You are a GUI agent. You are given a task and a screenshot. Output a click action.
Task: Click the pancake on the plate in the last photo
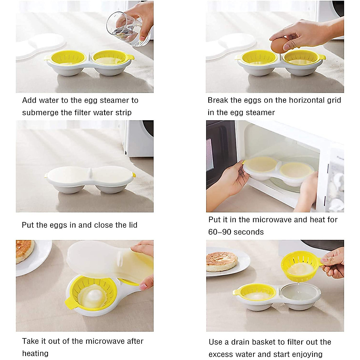pyautogui.click(x=222, y=261)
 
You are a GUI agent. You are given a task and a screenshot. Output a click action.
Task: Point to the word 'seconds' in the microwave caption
pyautogui.click(x=249, y=232)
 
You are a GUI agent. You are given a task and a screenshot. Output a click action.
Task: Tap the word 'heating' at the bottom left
pyautogui.click(x=35, y=353)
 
